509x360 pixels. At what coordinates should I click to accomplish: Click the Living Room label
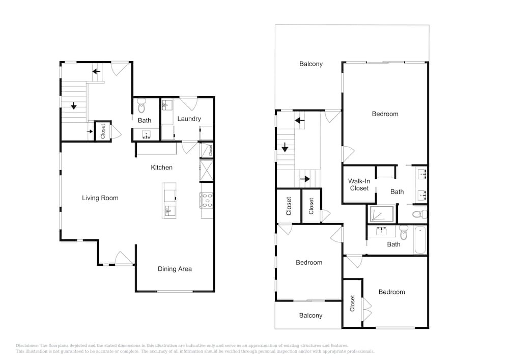[100, 198]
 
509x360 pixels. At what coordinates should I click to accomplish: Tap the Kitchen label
[162, 168]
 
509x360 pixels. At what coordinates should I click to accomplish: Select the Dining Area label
[175, 269]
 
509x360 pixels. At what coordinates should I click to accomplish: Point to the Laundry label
[189, 119]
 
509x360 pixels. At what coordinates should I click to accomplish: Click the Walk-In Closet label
[359, 185]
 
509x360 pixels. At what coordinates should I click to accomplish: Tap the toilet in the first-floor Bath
[142, 106]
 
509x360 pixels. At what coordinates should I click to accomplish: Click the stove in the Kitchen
[207, 201]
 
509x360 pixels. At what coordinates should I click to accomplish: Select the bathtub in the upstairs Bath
[420, 240]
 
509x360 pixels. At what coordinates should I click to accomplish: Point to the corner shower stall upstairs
[381, 214]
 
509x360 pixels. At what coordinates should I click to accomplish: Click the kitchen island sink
[169, 210]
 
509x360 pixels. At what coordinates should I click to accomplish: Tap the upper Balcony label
[311, 64]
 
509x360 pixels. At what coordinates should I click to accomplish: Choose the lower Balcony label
[310, 316]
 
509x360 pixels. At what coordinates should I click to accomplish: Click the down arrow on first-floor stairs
[74, 105]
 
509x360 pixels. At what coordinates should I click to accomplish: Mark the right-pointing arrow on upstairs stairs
[305, 179]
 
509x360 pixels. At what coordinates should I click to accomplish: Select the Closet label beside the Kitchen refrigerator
[210, 150]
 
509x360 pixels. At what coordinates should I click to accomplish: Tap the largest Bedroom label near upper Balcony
[385, 114]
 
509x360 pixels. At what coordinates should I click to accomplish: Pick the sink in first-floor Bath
[147, 135]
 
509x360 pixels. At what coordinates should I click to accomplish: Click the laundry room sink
[167, 105]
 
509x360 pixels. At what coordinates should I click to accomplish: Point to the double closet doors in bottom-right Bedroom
[367, 309]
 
